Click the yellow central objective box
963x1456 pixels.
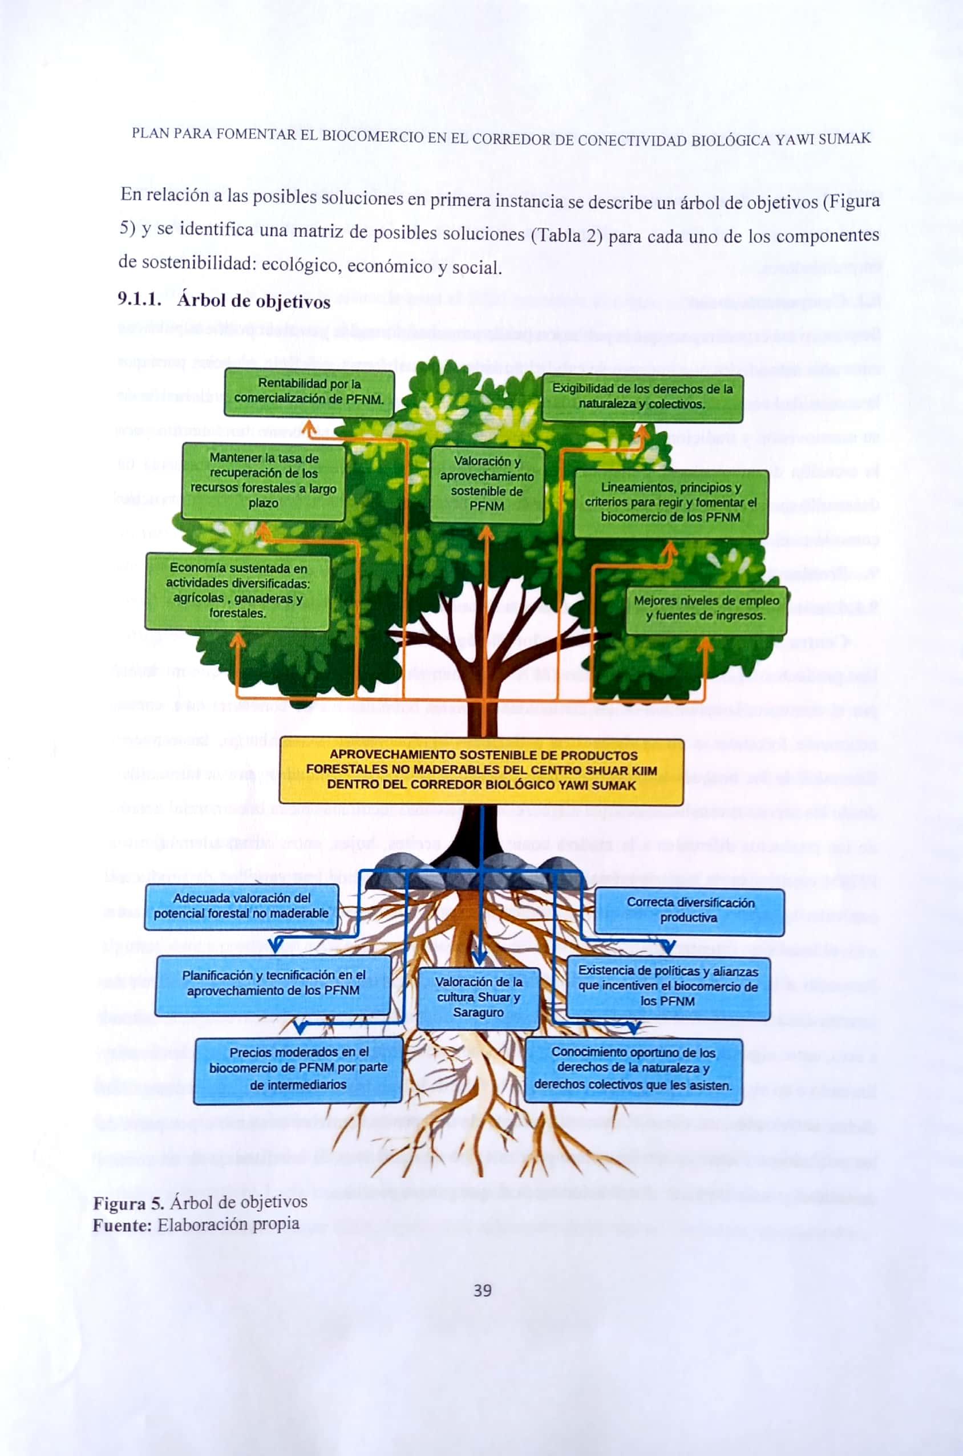click(481, 770)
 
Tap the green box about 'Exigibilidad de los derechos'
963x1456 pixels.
click(642, 397)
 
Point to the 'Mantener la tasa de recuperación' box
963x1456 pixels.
click(264, 481)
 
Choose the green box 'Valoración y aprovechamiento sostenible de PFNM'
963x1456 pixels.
click(487, 484)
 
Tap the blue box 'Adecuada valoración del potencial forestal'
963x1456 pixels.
click(241, 906)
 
